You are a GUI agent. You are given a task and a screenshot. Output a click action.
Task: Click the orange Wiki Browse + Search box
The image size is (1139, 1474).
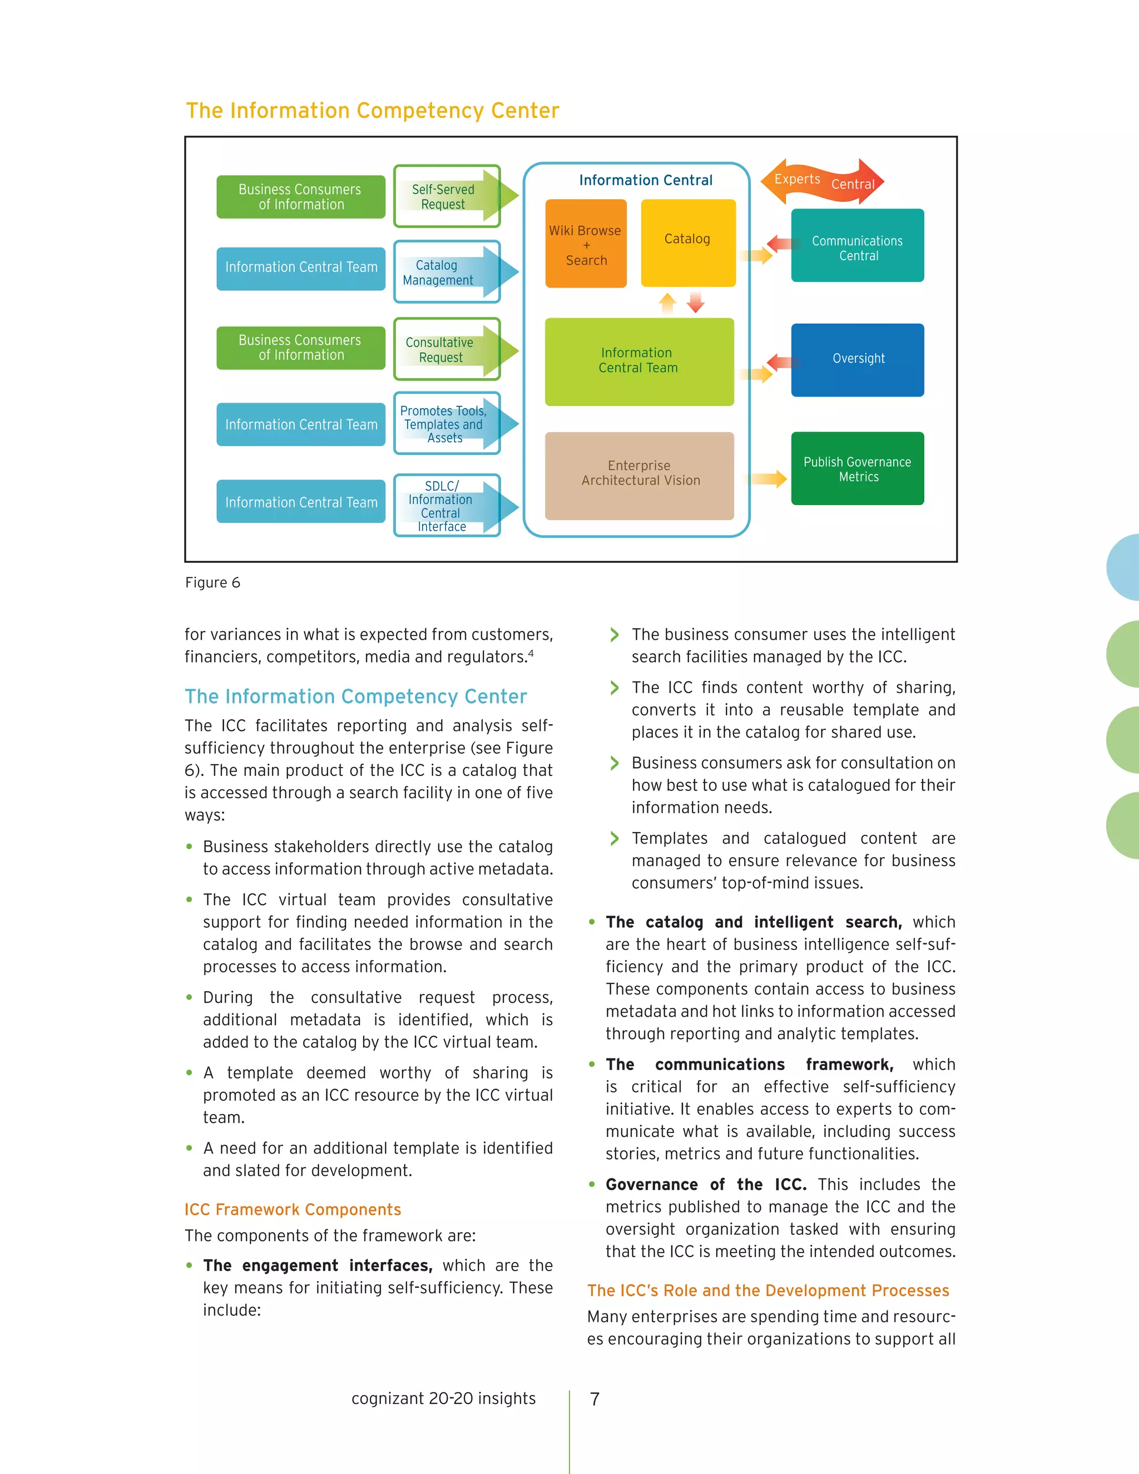pos(586,244)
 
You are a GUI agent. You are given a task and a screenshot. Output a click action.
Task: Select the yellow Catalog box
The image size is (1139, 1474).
pos(687,243)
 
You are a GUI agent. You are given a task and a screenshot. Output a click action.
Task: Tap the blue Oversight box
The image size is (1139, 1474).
pos(857,360)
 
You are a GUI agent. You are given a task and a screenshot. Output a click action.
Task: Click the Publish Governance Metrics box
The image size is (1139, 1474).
pos(857,468)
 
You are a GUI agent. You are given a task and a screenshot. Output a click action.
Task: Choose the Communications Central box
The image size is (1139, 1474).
pos(857,246)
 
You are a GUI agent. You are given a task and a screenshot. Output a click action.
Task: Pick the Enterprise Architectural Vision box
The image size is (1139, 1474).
pos(639,475)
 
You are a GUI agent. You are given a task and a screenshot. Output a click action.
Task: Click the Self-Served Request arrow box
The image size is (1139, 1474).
pos(447,196)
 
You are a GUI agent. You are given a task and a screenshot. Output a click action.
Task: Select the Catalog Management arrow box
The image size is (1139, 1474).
pos(447,272)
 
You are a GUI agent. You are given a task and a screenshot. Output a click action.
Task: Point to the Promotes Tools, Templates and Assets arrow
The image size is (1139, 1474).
pos(447,424)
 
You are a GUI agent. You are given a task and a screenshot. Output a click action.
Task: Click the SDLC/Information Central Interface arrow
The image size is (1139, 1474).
pos(447,506)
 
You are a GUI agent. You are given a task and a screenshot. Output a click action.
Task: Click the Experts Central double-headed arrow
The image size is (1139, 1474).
pos(822,181)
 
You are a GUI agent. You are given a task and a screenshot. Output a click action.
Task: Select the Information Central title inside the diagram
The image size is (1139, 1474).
pos(645,180)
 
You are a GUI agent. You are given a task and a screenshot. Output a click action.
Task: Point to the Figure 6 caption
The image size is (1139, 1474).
pos(212,582)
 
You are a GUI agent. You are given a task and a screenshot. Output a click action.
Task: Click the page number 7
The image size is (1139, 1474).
pos(595,1398)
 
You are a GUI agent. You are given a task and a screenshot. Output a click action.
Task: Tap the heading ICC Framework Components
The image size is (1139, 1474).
pos(293,1209)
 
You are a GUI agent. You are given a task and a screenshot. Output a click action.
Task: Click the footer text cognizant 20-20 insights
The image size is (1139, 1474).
pos(443,1398)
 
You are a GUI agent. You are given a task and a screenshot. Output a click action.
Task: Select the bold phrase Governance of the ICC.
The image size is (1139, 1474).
pos(706,1184)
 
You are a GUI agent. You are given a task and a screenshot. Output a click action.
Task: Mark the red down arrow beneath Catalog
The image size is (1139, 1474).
pos(696,303)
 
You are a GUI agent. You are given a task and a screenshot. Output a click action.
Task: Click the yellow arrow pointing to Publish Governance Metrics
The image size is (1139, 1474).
pos(769,479)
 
